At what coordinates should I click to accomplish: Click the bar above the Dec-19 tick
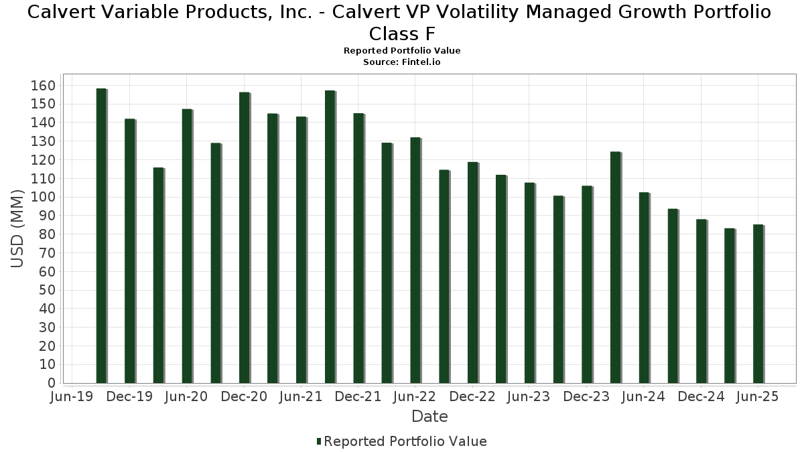[129, 251]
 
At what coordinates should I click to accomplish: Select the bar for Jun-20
[187, 246]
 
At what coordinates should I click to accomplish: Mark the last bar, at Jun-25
[758, 303]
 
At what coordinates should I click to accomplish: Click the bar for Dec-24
[701, 301]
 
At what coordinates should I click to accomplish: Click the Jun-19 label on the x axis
[72, 396]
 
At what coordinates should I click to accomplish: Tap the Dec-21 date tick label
[358, 396]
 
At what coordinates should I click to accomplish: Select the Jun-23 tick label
[529, 396]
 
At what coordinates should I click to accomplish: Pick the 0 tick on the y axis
[51, 383]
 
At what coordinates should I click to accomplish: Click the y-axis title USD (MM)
[17, 228]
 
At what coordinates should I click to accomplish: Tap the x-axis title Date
[429, 417]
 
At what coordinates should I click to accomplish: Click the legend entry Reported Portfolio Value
[405, 441]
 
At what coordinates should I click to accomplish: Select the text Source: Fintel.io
[402, 62]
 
